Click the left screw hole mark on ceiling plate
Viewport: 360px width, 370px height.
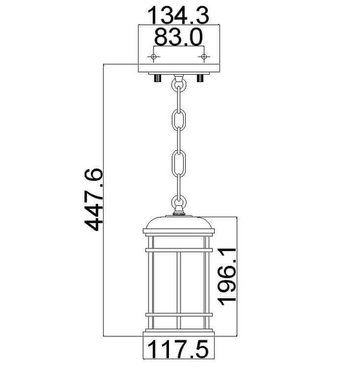(154, 57)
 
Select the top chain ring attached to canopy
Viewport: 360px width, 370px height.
(179, 85)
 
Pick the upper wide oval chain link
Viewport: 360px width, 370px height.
(179, 120)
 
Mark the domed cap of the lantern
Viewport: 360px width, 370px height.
(179, 224)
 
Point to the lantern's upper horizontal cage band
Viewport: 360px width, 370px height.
(179, 250)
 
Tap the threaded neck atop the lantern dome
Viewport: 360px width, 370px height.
(179, 214)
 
